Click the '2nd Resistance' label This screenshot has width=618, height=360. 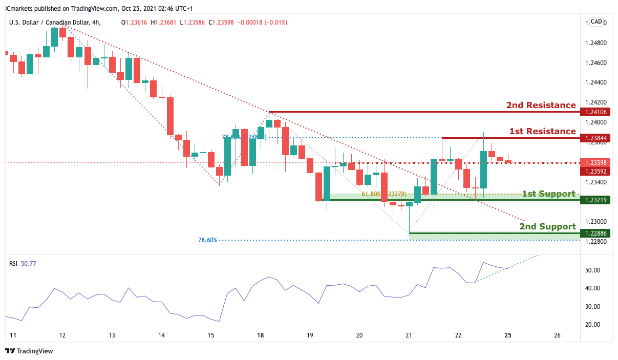(541, 105)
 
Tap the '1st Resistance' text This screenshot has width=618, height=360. (542, 131)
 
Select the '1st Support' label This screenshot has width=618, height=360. (548, 194)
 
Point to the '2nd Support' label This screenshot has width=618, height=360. (547, 226)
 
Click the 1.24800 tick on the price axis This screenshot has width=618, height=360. (596, 43)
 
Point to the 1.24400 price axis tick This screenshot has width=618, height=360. (596, 82)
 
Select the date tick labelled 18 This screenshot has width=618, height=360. (261, 335)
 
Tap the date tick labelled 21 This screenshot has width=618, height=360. (409, 335)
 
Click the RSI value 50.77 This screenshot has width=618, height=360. (29, 263)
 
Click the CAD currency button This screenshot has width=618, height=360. (596, 22)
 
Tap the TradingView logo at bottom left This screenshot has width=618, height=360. (29, 351)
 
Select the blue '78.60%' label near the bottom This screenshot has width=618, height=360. (207, 240)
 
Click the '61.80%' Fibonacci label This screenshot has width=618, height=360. (371, 195)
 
